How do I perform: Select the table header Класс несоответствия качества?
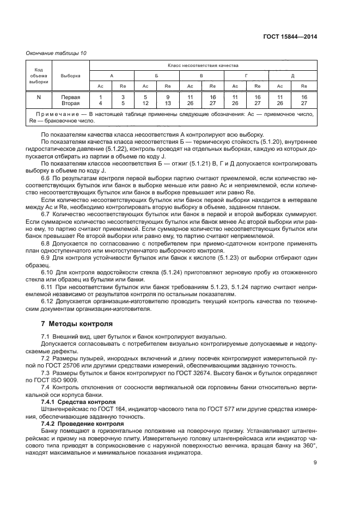(203, 65)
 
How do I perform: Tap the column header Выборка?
(71, 76)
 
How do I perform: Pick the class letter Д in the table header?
(292, 76)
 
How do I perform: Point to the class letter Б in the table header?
(156, 76)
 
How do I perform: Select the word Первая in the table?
(71, 97)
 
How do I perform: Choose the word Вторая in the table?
(71, 102)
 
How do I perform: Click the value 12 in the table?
(145, 102)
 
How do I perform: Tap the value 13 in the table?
(168, 102)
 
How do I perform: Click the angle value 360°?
(308, 445)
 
